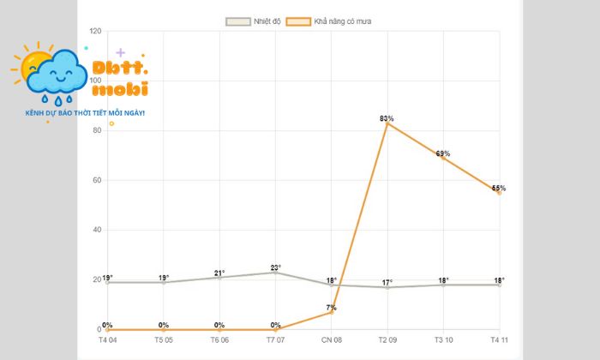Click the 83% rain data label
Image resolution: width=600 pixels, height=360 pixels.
pyautogui.click(x=387, y=118)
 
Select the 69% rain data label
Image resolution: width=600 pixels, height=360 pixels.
pyautogui.click(x=443, y=153)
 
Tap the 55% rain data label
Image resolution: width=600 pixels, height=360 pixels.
pyautogui.click(x=499, y=188)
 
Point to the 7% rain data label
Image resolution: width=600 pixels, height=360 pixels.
pyautogui.click(x=331, y=307)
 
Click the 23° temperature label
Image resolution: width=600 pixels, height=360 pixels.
pyautogui.click(x=275, y=267)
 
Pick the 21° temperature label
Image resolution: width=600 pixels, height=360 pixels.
pyautogui.click(x=219, y=273)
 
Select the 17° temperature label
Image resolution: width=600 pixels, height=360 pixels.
pyautogui.click(x=387, y=282)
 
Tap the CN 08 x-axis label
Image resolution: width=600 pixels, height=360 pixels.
pyautogui.click(x=331, y=340)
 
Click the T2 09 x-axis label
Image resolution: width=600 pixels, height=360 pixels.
pyautogui.click(x=387, y=340)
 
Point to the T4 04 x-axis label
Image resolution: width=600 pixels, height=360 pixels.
pyautogui.click(x=108, y=340)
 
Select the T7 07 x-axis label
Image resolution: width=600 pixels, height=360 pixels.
pyautogui.click(x=275, y=340)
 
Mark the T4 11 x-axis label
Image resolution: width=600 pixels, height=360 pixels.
pyautogui.click(x=499, y=340)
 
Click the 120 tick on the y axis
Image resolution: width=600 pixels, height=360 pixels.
pyautogui.click(x=94, y=32)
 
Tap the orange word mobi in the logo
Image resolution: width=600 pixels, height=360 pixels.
pyautogui.click(x=119, y=89)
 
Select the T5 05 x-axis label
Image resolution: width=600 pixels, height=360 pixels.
pyautogui.click(x=164, y=340)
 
